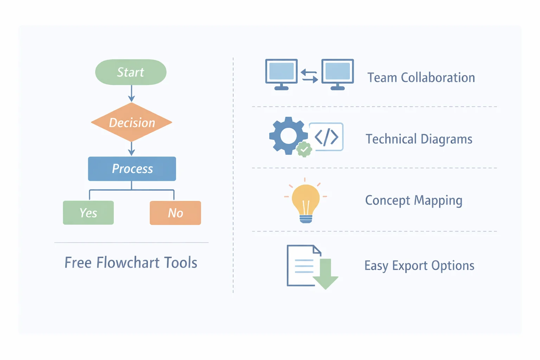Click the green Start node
[131, 72]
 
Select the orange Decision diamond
[131, 122]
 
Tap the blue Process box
[132, 169]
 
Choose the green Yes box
[88, 213]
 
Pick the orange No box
[175, 213]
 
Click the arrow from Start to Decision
[131, 94]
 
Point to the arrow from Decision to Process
[131, 149]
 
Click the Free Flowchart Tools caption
[131, 263]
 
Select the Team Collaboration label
[421, 78]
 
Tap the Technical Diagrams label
[419, 139]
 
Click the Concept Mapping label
[413, 200]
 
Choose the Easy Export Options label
[419, 266]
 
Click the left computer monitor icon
[281, 74]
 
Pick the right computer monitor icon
[337, 74]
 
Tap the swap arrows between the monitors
[309, 76]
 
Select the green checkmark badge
[304, 150]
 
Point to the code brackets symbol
[326, 137]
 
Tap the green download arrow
[326, 274]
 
